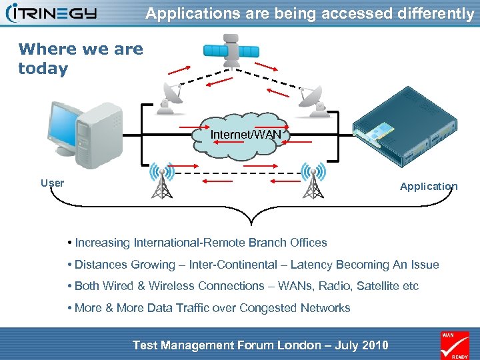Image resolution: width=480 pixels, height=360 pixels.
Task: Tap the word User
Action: click(52, 183)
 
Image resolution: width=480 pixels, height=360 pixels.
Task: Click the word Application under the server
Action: click(429, 187)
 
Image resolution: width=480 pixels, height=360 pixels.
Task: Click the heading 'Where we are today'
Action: click(80, 59)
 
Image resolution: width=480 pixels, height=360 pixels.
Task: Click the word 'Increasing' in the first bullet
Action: click(103, 243)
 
